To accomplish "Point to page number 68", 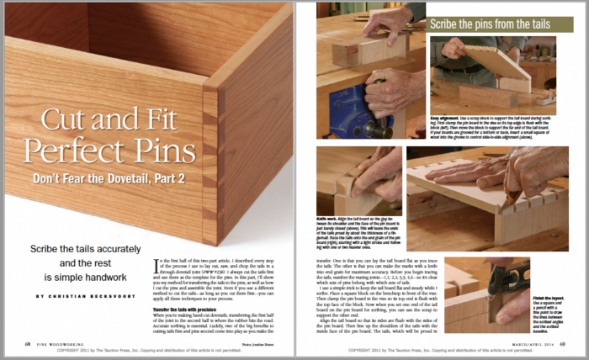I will (29, 344).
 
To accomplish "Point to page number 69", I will (560, 344).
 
